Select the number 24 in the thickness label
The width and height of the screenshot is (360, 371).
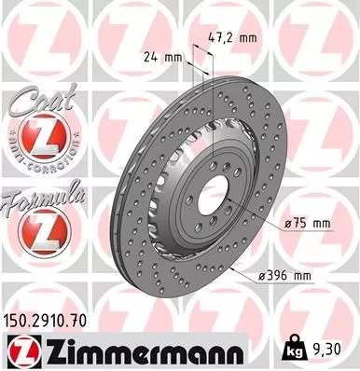(x=152, y=56)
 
